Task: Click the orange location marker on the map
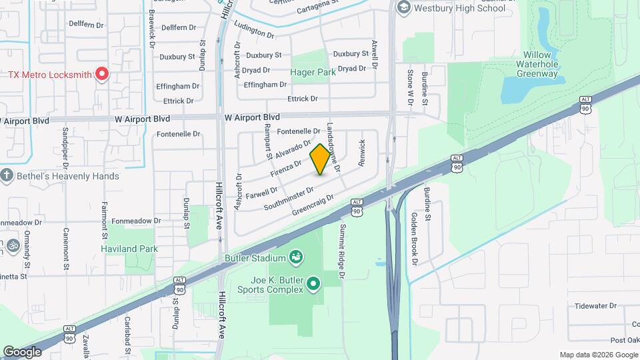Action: [x=320, y=159]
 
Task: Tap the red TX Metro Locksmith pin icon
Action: [x=101, y=73]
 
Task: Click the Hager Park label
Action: [x=312, y=71]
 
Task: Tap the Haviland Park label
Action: [x=129, y=249]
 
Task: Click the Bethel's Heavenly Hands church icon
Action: [x=7, y=176]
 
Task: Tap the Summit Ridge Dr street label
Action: [x=343, y=251]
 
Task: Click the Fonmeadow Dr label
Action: [x=136, y=221]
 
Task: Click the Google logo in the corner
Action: [x=22, y=351]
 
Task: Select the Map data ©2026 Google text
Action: [x=598, y=355]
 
